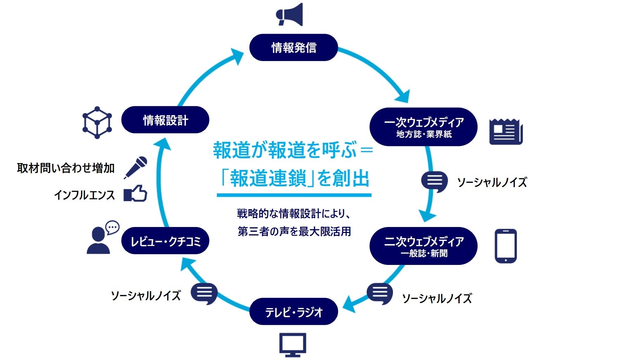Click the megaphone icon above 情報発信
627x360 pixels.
[x=290, y=15]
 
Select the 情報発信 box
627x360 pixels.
[x=293, y=47]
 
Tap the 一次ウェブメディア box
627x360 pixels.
[x=423, y=126]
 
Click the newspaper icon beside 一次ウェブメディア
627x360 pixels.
[x=506, y=132]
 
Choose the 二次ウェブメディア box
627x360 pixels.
[x=423, y=246]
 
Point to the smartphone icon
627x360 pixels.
[x=505, y=246]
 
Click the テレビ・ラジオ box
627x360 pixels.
[x=293, y=312]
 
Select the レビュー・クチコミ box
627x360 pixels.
[x=165, y=241]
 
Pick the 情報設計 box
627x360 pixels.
[x=165, y=120]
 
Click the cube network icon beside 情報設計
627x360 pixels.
[x=97, y=122]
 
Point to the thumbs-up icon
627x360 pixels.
[x=135, y=194]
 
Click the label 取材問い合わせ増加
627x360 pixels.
[x=66, y=168]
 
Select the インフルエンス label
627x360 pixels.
[x=85, y=195]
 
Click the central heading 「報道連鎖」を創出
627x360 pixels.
[x=294, y=178]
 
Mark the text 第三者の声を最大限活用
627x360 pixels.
[x=294, y=232]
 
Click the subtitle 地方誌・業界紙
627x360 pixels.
[x=424, y=134]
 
